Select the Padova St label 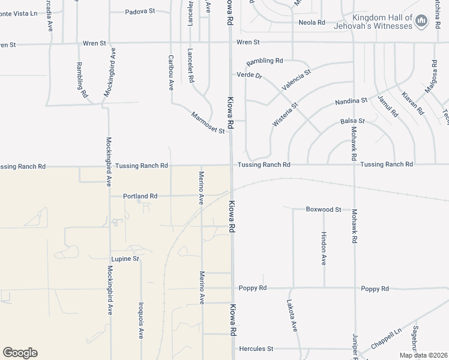[140, 11]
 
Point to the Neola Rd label [312, 23]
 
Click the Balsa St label [352, 121]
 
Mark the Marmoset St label [208, 122]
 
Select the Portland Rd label [140, 196]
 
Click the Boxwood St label [323, 209]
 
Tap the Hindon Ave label [324, 248]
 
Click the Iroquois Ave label [141, 320]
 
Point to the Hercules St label [256, 349]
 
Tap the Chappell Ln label [385, 338]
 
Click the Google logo [20, 353]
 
